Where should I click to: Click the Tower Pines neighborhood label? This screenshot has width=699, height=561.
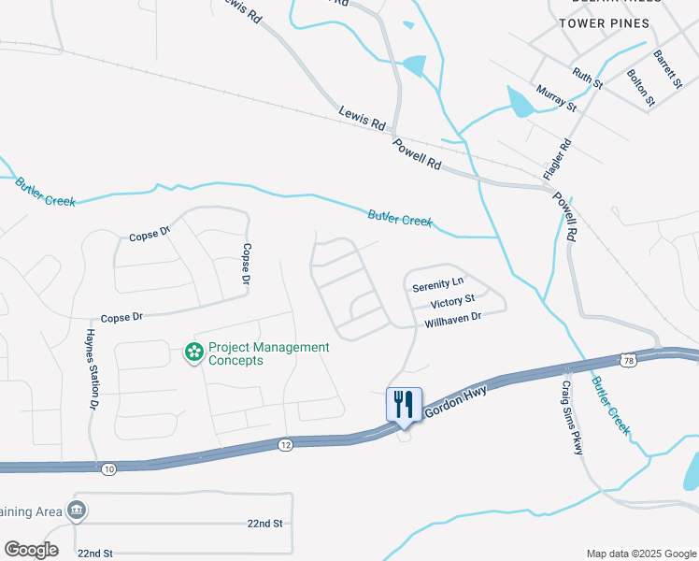pyautogui.click(x=604, y=23)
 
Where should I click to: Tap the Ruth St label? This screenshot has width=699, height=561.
pyautogui.click(x=589, y=78)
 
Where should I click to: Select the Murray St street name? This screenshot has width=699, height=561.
pyautogui.click(x=557, y=99)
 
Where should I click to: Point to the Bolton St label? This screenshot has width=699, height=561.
pyautogui.click(x=642, y=86)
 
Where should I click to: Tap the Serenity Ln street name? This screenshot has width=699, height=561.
pyautogui.click(x=437, y=282)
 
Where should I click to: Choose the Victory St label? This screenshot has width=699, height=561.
pyautogui.click(x=453, y=302)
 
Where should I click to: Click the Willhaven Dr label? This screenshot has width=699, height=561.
pyautogui.click(x=452, y=319)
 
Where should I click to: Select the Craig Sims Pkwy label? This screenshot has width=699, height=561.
pyautogui.click(x=572, y=417)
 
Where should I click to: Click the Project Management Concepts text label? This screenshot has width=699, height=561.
pyautogui.click(x=268, y=353)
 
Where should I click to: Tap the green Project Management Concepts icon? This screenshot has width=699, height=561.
pyautogui.click(x=193, y=352)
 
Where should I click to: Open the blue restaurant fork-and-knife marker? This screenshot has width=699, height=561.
pyautogui.click(x=404, y=404)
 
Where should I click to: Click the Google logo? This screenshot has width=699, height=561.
pyautogui.click(x=31, y=550)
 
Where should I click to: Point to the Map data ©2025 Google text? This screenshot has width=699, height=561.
pyautogui.click(x=641, y=554)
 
